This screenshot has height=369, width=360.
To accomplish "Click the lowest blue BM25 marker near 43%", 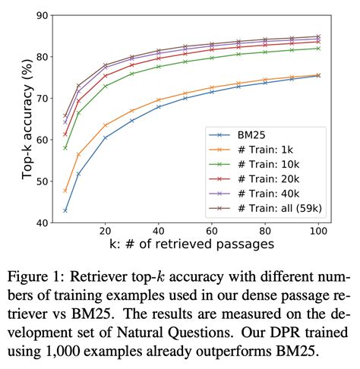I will point(65,210).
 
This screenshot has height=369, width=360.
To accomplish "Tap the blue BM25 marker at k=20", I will point(106,137).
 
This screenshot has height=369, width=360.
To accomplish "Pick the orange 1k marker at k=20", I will point(106,125).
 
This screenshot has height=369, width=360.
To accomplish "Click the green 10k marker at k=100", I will point(318,48).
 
